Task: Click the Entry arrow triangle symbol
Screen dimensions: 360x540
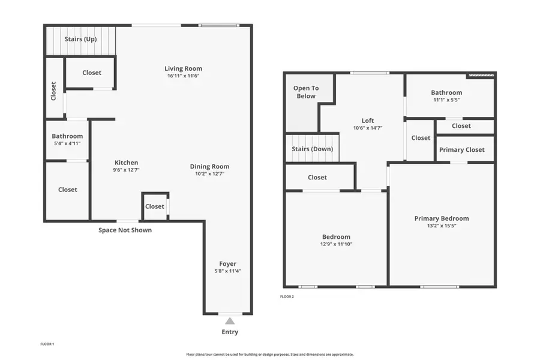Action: pos(230,321)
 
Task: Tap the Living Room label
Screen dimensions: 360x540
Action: pos(183,68)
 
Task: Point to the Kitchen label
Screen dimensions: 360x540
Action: pos(126,163)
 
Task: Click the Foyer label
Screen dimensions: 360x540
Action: pos(227,263)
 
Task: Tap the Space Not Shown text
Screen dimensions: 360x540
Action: pos(125,230)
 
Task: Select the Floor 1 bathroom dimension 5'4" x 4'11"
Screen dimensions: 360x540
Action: pos(67,143)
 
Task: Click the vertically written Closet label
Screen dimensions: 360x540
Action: pos(53,91)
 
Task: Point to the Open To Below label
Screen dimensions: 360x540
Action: pos(305,92)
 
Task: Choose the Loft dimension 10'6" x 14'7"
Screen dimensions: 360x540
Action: pos(367,128)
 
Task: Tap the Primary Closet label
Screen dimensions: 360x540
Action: pos(461,149)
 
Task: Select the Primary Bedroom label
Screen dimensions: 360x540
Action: pos(441,218)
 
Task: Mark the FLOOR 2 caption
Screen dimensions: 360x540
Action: pos(287,296)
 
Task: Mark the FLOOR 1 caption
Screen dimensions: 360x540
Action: pos(47,344)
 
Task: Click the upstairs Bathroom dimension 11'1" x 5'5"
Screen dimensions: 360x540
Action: pos(446,100)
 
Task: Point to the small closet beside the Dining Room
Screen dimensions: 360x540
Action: pos(154,206)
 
